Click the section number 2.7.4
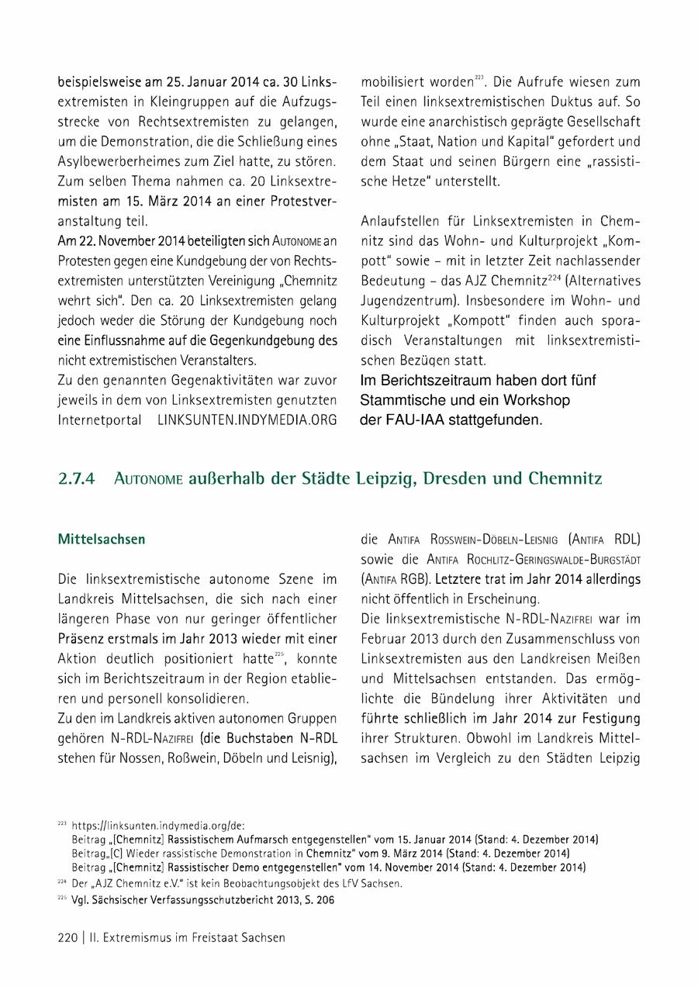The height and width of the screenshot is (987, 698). click(x=76, y=479)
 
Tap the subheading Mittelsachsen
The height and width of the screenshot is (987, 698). click(x=102, y=539)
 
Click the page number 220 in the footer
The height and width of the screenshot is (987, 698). click(x=68, y=937)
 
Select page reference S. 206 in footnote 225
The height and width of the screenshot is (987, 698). click(x=318, y=902)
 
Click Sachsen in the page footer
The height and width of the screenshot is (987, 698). click(x=261, y=937)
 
